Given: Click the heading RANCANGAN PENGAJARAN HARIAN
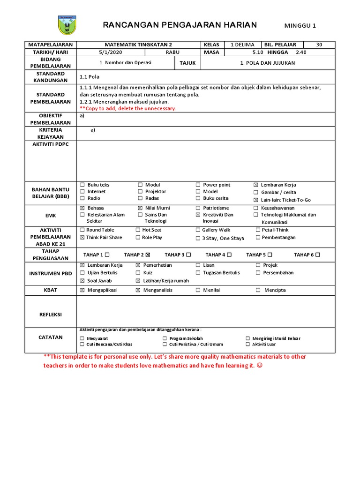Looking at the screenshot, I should tap(180, 25).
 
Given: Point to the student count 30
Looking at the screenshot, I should tap(319, 45).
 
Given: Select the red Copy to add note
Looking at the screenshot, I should tap(128, 108).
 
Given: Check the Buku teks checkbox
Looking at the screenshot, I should tap(82, 185).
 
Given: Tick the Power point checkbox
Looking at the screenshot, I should tap(198, 185).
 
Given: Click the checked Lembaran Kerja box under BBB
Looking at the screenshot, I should tap(256, 185).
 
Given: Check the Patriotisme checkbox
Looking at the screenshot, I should tap(198, 208).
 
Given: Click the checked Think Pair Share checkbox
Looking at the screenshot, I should tap(82, 238).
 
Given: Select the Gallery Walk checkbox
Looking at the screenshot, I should tap(198, 230).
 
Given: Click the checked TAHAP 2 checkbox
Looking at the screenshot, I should tap(148, 255).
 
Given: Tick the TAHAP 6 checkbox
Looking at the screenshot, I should tap(318, 255).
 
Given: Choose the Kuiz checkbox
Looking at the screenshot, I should tap(138, 273).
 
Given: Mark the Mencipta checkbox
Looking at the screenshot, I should tap(258, 290).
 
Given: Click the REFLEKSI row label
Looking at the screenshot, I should tap(50, 315).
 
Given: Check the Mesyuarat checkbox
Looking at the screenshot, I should tap(82, 338).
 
